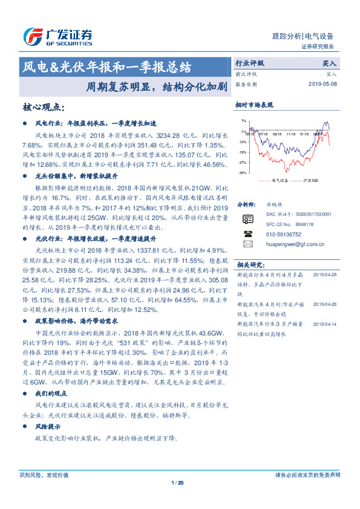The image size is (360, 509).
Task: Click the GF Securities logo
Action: tap(57, 37)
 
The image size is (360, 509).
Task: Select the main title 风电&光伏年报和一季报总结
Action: tap(107, 66)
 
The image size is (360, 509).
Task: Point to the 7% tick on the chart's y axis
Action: tap(243, 121)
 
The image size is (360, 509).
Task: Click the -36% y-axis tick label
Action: tap(242, 173)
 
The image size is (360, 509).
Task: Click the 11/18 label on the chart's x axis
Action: tap(291, 134)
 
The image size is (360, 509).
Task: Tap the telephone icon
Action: tap(247, 233)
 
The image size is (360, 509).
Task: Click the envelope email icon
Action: tap(247, 244)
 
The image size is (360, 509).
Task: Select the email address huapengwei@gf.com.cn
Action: tap(294, 244)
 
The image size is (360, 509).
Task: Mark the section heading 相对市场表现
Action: tap(254, 105)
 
